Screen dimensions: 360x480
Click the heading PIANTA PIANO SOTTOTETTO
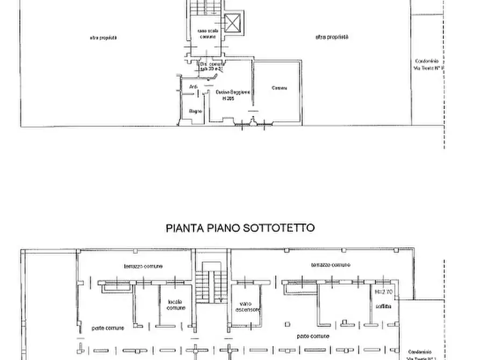239,228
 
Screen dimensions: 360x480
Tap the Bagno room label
195,111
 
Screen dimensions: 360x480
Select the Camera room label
278,88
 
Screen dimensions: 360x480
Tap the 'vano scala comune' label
207,33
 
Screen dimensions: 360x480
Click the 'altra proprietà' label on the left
104,38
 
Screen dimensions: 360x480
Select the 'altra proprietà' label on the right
332,37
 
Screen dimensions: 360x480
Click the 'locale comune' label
176,305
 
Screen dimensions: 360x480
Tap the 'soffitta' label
384,306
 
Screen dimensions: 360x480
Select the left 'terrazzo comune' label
143,266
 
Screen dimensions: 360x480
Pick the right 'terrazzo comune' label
331,265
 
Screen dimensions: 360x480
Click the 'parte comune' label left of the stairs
108,328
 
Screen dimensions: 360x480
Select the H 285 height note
228,98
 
